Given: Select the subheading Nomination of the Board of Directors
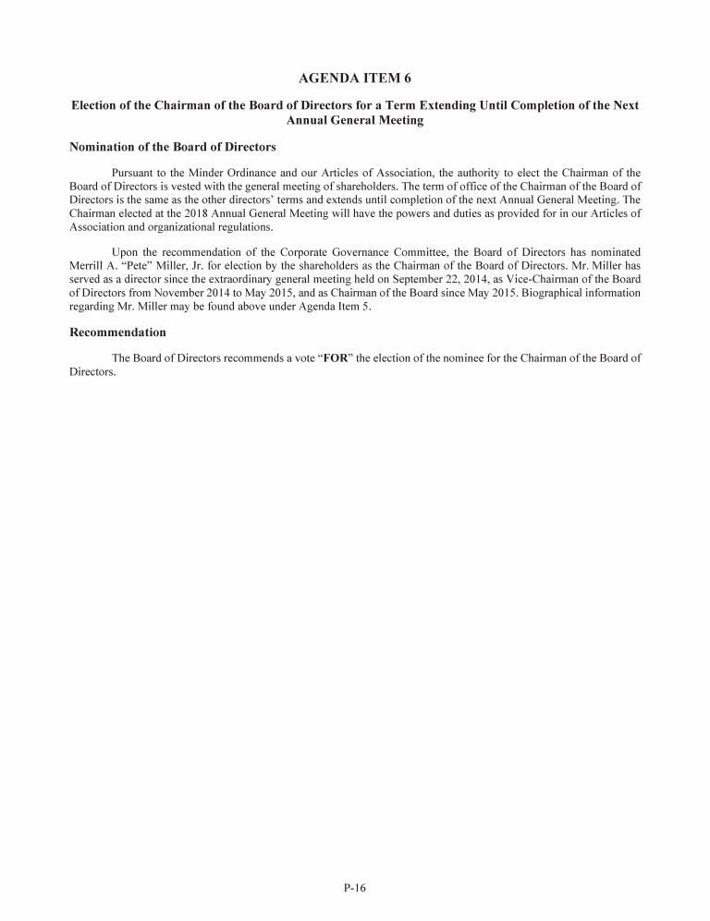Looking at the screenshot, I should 173,147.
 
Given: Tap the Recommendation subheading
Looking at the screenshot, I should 118,332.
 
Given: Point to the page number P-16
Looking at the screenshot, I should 355,889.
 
